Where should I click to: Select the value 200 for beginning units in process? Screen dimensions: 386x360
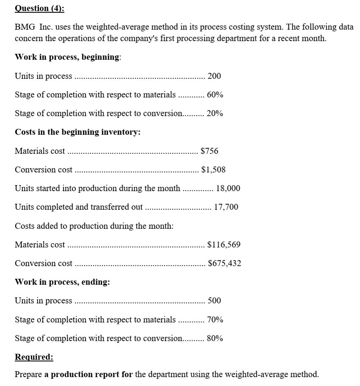(214, 76)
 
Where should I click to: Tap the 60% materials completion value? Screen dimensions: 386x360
(215, 95)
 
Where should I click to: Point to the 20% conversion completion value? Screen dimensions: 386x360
(215, 114)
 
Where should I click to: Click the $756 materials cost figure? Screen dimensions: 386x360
(209, 151)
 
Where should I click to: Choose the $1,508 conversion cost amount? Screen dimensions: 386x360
(213, 169)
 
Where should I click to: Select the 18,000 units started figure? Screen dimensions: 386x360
(228, 188)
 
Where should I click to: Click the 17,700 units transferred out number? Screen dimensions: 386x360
(226, 207)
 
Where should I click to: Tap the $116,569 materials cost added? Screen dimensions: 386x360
(224, 244)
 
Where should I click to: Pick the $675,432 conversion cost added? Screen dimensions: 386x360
(224, 263)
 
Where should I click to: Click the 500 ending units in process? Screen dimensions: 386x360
(214, 301)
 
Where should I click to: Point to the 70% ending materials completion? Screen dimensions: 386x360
(215, 319)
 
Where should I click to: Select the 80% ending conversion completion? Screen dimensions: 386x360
(215, 338)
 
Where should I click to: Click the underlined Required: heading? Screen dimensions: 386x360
(34, 357)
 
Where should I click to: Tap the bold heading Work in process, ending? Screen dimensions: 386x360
(62, 282)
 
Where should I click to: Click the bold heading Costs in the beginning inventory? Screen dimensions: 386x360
(78, 132)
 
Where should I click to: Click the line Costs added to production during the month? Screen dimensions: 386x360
(94, 226)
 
